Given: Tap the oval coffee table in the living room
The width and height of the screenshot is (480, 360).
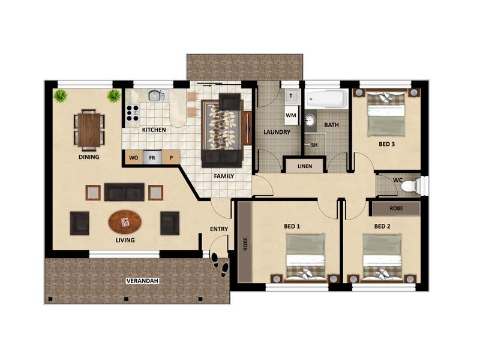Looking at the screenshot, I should [x=126, y=222].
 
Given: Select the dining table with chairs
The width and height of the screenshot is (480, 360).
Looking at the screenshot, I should [x=89, y=130].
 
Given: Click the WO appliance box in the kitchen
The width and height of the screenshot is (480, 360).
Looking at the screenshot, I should [x=133, y=158].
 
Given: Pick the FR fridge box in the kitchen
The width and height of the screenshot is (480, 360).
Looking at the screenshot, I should [x=152, y=158].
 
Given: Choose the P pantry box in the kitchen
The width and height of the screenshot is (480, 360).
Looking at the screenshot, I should [x=171, y=158].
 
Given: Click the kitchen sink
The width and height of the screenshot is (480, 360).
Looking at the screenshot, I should [x=155, y=95].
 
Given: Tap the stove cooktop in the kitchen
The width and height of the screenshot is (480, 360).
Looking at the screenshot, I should [x=132, y=111].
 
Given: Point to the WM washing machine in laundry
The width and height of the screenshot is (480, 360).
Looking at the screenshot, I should [x=291, y=114].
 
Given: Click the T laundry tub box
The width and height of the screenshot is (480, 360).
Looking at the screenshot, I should [x=291, y=96].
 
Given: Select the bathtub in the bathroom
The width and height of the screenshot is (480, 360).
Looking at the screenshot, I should [x=326, y=99].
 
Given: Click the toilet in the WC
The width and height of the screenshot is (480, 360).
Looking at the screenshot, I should [x=410, y=185].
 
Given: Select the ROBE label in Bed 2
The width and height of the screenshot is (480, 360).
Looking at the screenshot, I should [x=395, y=208].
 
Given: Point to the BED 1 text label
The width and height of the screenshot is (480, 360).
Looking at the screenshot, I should [x=292, y=226].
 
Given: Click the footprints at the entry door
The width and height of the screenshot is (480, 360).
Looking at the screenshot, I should [x=220, y=265].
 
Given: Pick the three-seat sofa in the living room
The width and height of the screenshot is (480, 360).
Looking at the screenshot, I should [x=124, y=192].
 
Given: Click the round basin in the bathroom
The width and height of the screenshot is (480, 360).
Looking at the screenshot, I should [x=310, y=121].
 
